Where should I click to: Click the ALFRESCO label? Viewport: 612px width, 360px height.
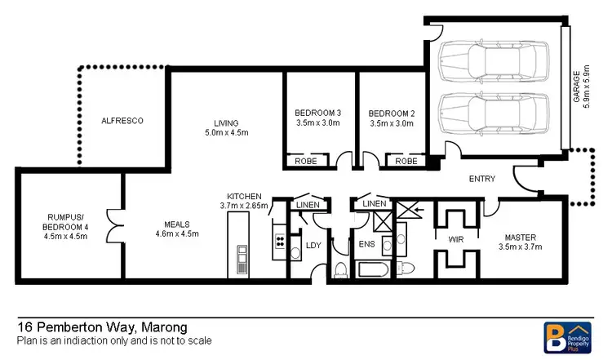(122, 121)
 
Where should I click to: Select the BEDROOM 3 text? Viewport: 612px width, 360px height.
(318, 113)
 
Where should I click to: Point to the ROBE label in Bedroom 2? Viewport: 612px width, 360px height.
(406, 162)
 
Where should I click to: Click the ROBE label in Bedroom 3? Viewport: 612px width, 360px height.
(307, 162)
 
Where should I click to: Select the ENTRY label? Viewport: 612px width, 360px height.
(481, 180)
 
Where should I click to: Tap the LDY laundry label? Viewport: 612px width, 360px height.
(312, 244)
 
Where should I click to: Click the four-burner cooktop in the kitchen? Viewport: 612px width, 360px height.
(279, 241)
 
